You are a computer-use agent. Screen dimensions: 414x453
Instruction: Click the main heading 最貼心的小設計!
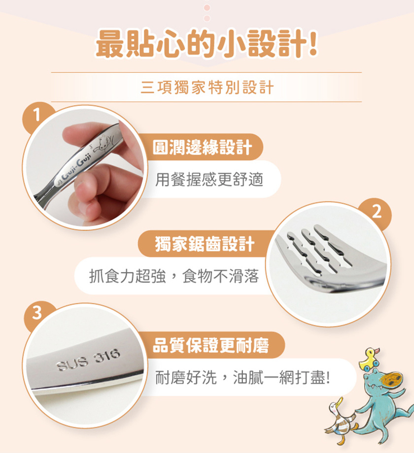point(207,44)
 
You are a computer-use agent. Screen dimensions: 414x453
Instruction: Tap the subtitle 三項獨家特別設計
point(207,87)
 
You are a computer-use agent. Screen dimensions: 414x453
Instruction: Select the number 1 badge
point(36,115)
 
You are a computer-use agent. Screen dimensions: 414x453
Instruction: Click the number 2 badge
point(377,212)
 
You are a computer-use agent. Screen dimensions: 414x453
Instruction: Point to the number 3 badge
point(37,313)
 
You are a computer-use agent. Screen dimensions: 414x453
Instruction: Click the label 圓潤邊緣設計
point(202,147)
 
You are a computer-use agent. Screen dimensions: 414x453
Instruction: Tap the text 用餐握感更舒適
point(209,180)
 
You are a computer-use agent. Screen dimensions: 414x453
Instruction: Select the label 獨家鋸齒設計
point(205,244)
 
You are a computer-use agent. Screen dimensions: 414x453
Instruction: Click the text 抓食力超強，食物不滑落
point(173,276)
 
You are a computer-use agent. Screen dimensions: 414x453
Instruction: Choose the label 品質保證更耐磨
point(211,345)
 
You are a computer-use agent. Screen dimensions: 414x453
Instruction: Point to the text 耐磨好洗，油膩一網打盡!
point(242,378)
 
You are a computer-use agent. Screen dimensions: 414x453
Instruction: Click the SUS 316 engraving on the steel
point(88,360)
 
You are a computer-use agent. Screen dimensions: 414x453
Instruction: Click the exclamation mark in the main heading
point(313,43)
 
